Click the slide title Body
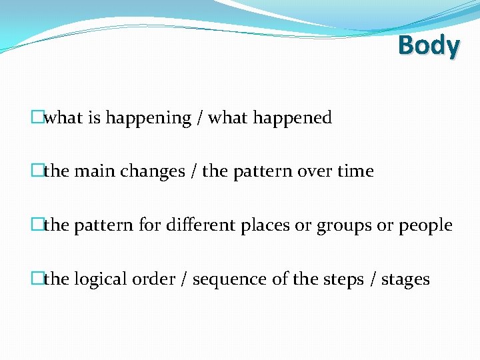click(x=429, y=46)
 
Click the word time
click(x=355, y=171)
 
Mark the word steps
click(x=351, y=279)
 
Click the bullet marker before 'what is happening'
click(x=37, y=118)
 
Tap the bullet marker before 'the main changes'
click(x=37, y=171)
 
